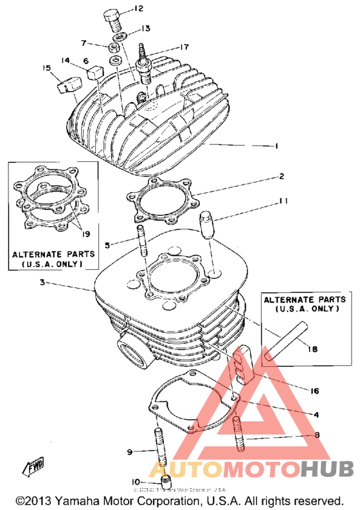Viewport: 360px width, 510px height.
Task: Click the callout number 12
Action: pyautogui.click(x=139, y=8)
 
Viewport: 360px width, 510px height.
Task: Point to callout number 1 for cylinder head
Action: pyautogui.click(x=276, y=146)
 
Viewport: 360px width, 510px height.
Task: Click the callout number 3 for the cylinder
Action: pyautogui.click(x=42, y=283)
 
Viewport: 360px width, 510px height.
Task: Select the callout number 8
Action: pyautogui.click(x=316, y=435)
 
